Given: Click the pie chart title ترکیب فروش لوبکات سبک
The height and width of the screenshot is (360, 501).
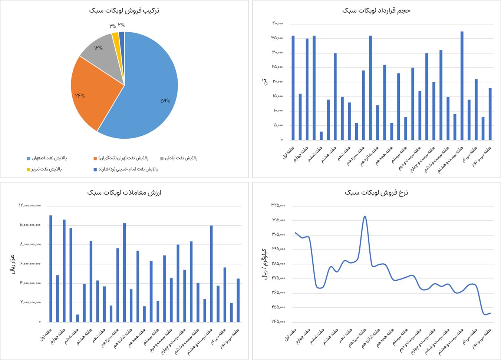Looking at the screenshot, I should click(124, 10).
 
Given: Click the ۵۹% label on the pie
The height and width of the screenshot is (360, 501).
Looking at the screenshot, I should click(165, 101).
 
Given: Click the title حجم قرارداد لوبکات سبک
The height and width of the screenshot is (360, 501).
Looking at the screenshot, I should click(376, 10).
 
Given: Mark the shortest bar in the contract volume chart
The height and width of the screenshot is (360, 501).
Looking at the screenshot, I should click(321, 136).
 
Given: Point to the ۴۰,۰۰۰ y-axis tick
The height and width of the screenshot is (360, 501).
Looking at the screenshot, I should click(278, 23).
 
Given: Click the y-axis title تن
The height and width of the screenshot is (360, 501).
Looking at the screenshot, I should click(264, 82).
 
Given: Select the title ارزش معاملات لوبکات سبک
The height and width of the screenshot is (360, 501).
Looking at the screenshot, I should click(124, 192).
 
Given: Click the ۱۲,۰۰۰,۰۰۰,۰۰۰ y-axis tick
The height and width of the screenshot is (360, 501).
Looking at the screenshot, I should click(30, 205).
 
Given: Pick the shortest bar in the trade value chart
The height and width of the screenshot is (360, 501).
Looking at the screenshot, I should click(78, 318).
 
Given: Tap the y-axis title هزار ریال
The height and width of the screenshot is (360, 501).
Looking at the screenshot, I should click(13, 264).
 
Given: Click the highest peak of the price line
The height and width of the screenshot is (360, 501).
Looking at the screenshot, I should click(365, 216).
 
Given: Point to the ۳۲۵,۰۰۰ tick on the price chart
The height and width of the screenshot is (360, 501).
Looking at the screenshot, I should click(278, 205).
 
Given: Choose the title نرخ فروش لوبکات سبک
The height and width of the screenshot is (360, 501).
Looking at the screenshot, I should click(376, 192).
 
